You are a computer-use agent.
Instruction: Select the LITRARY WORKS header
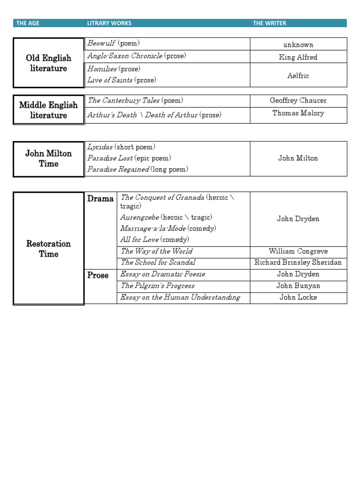pyautogui.click(x=109, y=23)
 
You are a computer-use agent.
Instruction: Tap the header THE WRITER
pyautogui.click(x=270, y=23)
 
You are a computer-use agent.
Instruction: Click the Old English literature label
pyautogui.click(x=49, y=63)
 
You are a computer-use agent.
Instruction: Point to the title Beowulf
pyautogui.click(x=101, y=44)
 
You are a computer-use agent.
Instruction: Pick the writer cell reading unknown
pyautogui.click(x=298, y=45)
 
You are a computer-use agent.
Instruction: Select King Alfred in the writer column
pyautogui.click(x=298, y=57)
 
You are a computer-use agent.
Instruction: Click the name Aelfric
pyautogui.click(x=298, y=75)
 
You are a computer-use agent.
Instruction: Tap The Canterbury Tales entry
pyautogui.click(x=124, y=101)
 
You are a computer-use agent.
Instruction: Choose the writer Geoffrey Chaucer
pyautogui.click(x=298, y=101)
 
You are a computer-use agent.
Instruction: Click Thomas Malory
pyautogui.click(x=298, y=113)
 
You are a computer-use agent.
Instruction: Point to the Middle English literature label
pyautogui.click(x=49, y=110)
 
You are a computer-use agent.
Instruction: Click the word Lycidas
pyautogui.click(x=100, y=147)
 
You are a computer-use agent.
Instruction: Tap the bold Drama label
pyautogui.click(x=100, y=199)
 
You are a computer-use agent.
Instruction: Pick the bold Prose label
pyautogui.click(x=98, y=275)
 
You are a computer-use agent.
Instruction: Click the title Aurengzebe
pyautogui.click(x=140, y=217)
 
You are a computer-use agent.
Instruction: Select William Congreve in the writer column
pyautogui.click(x=298, y=252)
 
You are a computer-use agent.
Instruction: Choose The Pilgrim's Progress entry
pyautogui.click(x=157, y=286)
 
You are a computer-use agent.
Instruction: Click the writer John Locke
pyautogui.click(x=298, y=298)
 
